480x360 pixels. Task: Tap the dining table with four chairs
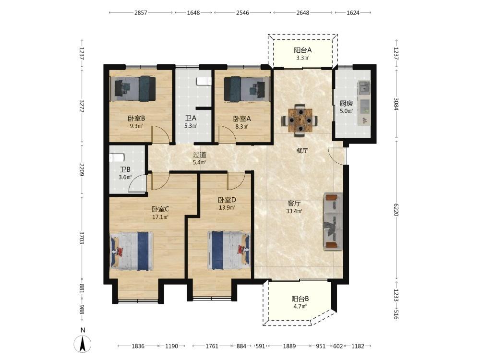(x=300, y=120)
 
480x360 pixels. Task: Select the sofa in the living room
(x=333, y=221)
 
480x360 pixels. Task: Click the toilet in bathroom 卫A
(x=204, y=81)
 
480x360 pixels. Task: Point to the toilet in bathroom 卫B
(x=117, y=157)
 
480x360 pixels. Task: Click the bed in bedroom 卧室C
(x=132, y=251)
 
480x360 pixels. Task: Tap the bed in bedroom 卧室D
(x=228, y=250)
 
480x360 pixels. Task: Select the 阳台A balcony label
(x=302, y=50)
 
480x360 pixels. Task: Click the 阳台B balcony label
(x=300, y=299)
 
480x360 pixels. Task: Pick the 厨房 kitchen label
(x=346, y=104)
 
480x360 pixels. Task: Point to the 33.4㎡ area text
(x=294, y=211)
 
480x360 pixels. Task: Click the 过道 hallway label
(x=199, y=155)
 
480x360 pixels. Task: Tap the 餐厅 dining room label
(x=302, y=151)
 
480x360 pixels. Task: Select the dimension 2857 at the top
(x=141, y=13)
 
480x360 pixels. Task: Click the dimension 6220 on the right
(x=396, y=209)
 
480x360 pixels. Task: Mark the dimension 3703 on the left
(x=82, y=238)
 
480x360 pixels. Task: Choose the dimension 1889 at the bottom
(x=289, y=346)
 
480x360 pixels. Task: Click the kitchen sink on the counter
(x=364, y=88)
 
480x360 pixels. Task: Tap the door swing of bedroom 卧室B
(x=160, y=134)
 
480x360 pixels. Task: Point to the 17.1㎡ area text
(x=160, y=217)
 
